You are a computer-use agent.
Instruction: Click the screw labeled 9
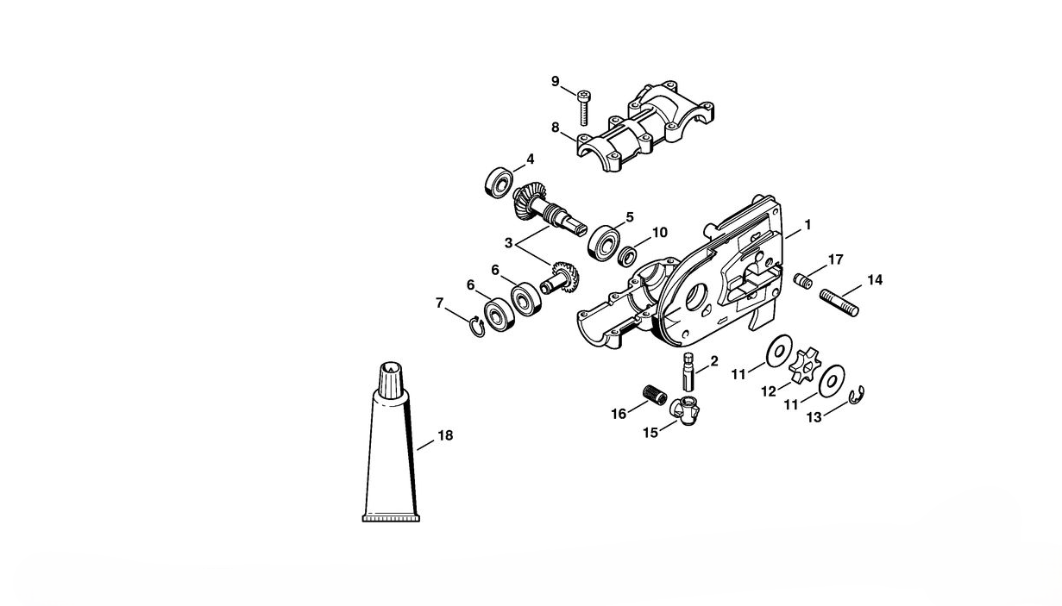[x=584, y=107]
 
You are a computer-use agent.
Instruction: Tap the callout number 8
[x=556, y=128]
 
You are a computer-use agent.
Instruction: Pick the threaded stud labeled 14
[x=839, y=303]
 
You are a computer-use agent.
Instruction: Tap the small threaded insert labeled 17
[x=802, y=280]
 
